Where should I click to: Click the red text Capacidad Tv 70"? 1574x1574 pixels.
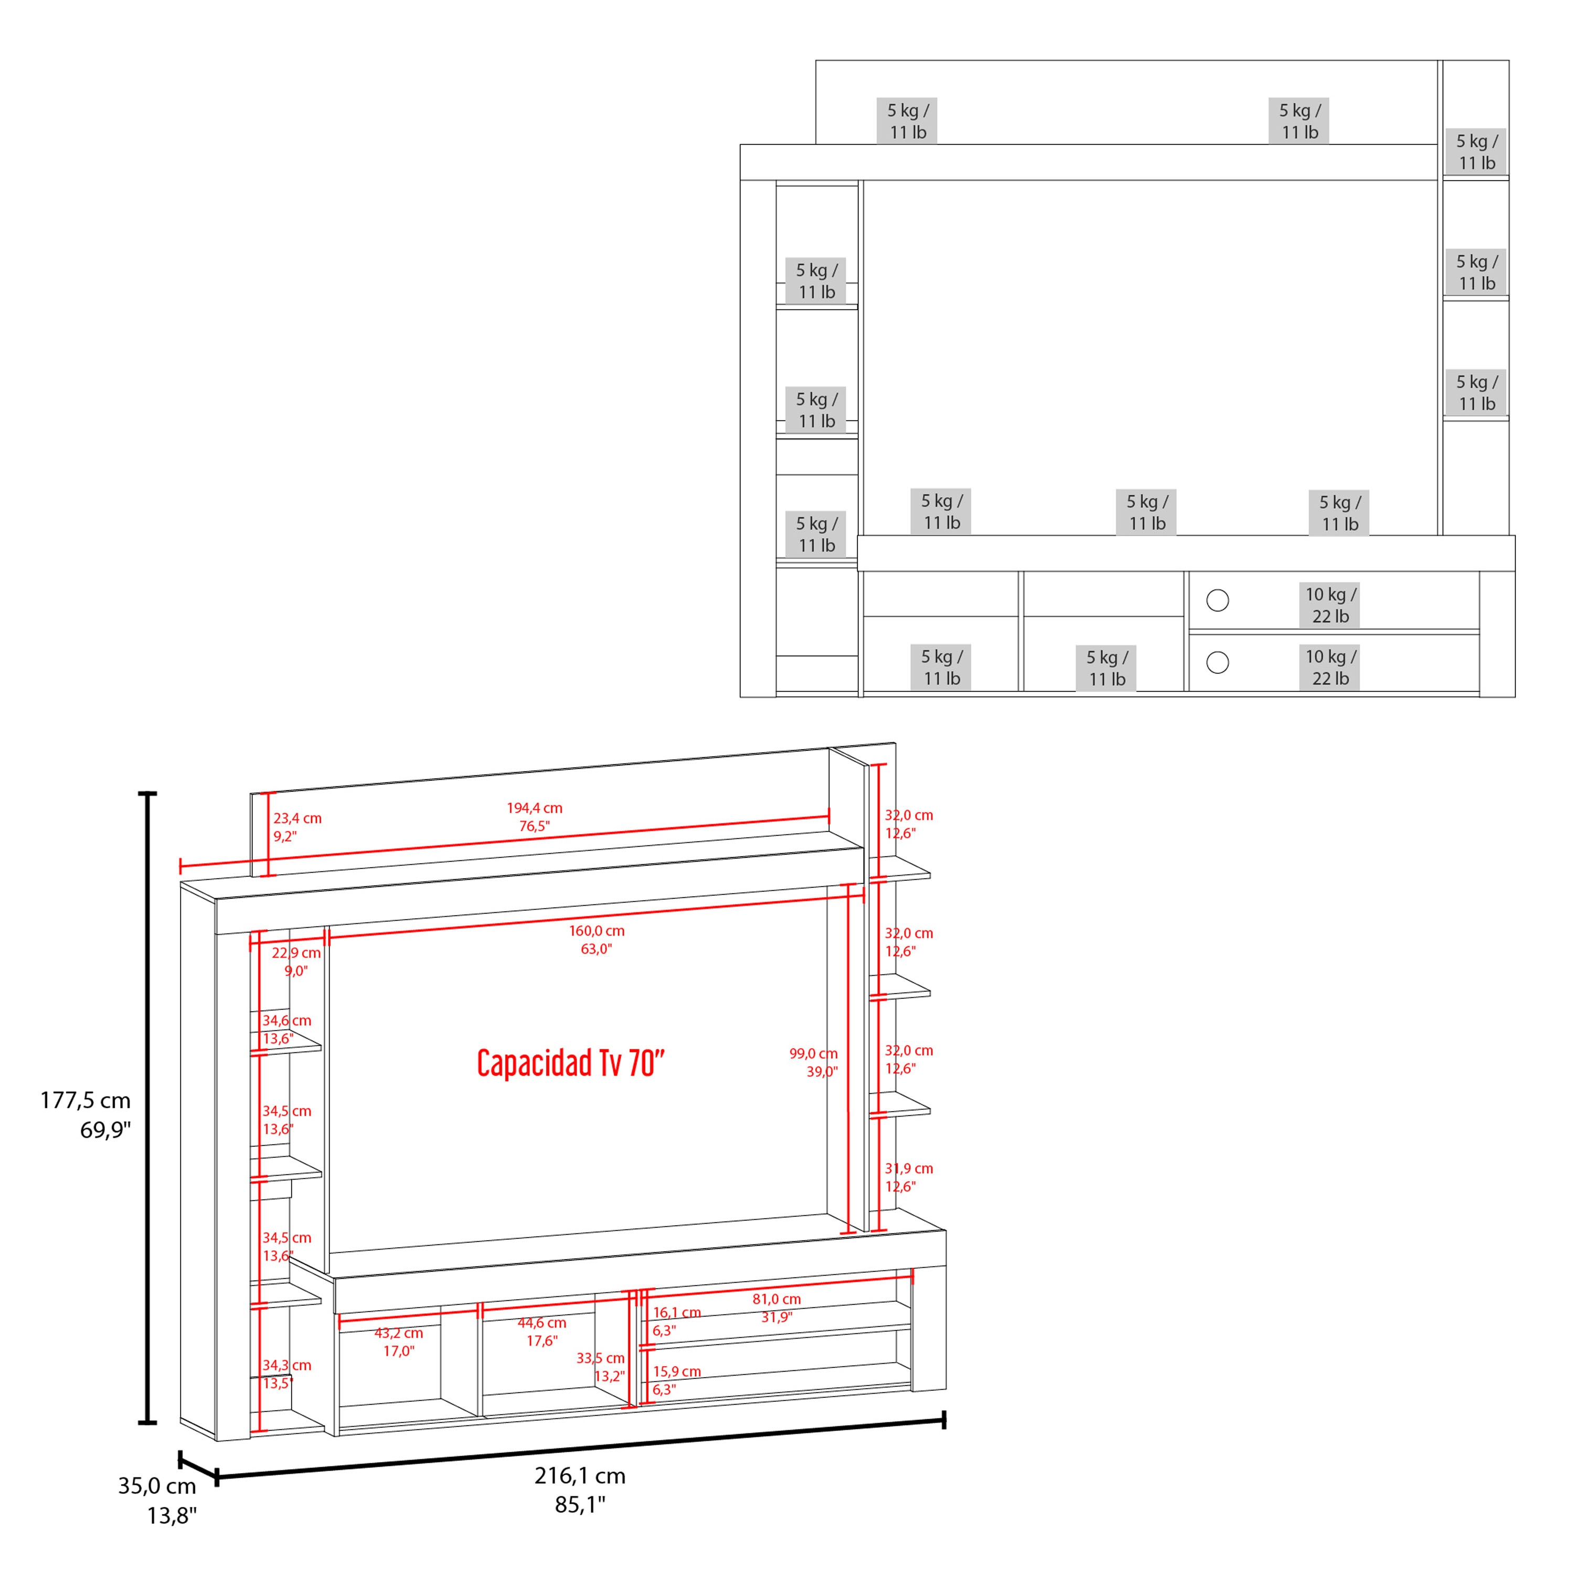click(x=570, y=1063)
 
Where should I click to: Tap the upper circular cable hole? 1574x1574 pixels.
click(x=1217, y=600)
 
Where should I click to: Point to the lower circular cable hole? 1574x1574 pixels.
click(x=1217, y=662)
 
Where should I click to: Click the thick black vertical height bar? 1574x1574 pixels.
click(x=147, y=1108)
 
